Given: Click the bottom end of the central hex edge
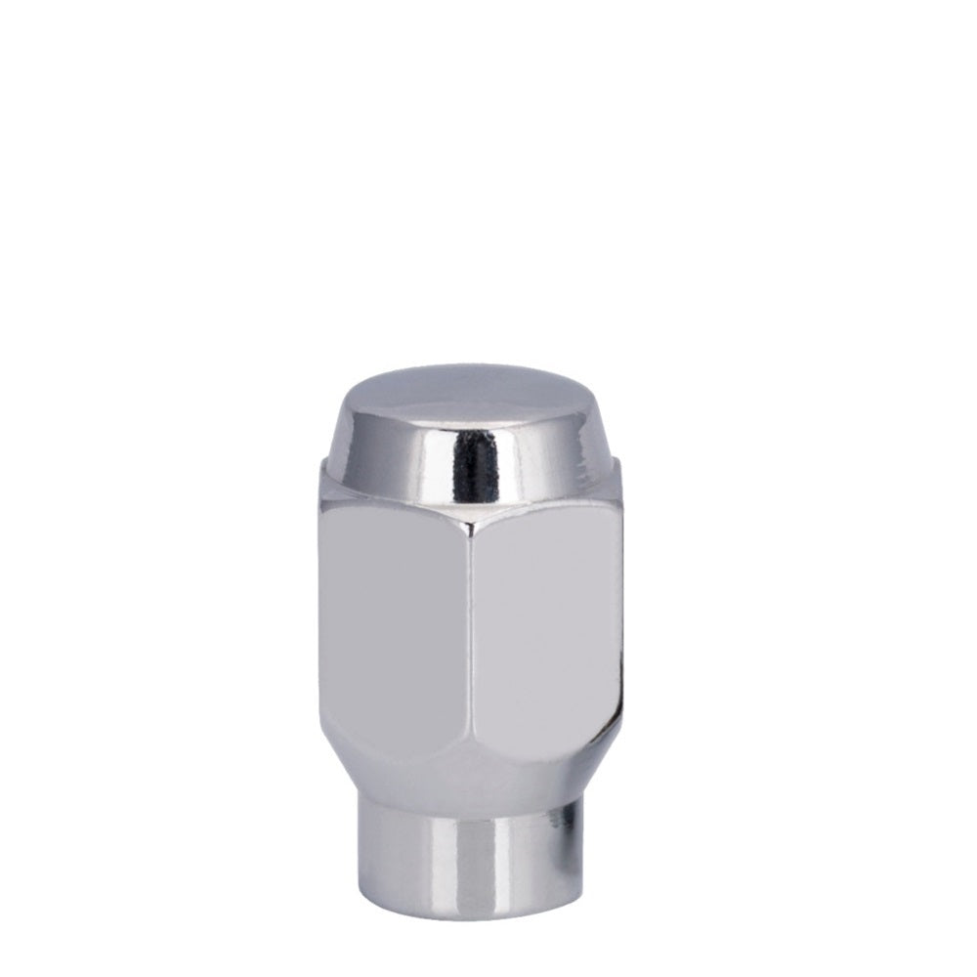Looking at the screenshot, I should coord(469,772).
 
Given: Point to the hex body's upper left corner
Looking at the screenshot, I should coord(322,469).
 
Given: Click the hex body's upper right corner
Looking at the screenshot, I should coord(619,469).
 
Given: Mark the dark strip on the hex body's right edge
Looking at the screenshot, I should coord(616,625).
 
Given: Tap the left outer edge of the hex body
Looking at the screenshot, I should coord(321,625).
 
